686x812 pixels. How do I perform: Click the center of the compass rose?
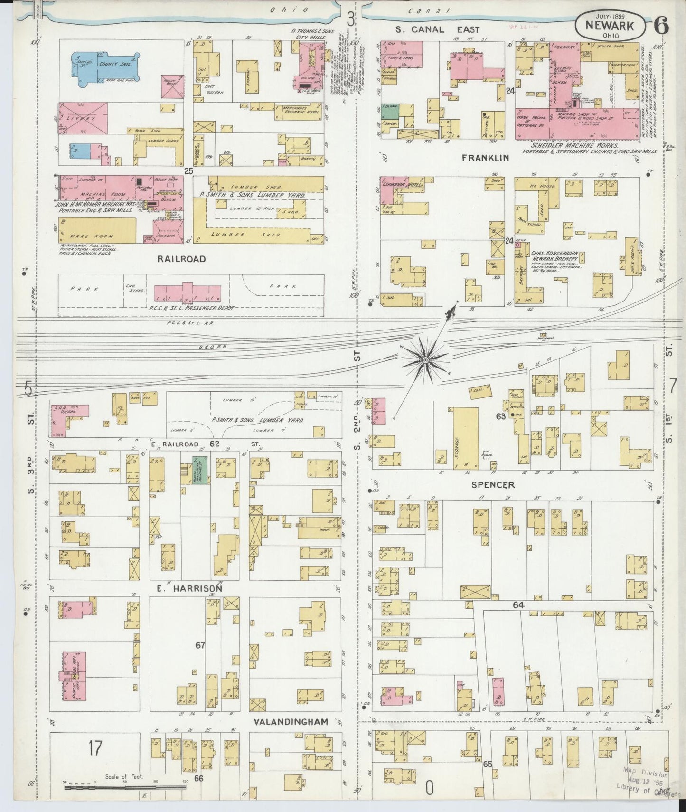coord(426,360)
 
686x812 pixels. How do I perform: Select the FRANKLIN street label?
coord(486,158)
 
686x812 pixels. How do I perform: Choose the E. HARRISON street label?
coord(189,588)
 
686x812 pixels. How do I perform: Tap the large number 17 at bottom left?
coord(94,749)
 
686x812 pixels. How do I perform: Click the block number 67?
coord(200,645)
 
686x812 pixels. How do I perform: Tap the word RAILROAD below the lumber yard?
coord(182,259)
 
